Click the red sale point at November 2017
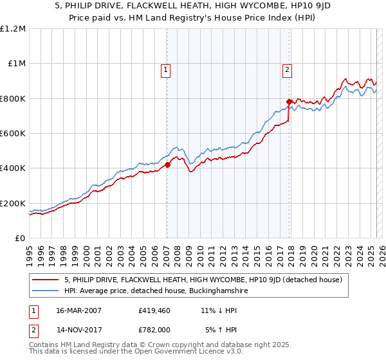pos(289,102)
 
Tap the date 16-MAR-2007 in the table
pos(78,310)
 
